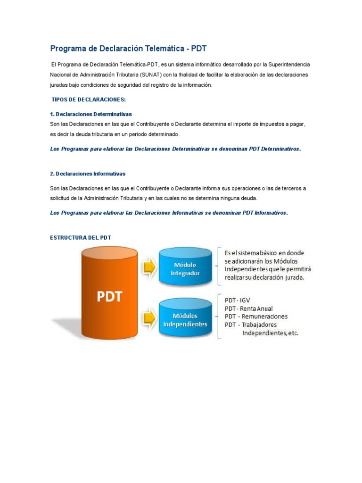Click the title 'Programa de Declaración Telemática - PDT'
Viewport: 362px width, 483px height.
(128, 49)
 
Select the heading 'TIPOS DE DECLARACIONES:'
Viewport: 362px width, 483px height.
(88, 100)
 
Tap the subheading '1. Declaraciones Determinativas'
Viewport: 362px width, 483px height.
(91, 114)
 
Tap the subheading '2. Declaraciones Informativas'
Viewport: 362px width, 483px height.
(88, 174)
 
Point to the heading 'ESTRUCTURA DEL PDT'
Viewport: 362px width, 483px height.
(81, 237)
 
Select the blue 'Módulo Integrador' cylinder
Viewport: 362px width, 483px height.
(185, 267)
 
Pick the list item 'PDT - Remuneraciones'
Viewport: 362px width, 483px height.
(256, 316)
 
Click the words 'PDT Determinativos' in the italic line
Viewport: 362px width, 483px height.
(271, 149)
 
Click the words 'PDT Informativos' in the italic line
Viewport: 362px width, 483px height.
(264, 213)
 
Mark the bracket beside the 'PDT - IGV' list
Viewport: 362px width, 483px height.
(220, 316)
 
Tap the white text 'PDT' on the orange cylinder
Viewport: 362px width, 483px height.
(110, 297)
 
